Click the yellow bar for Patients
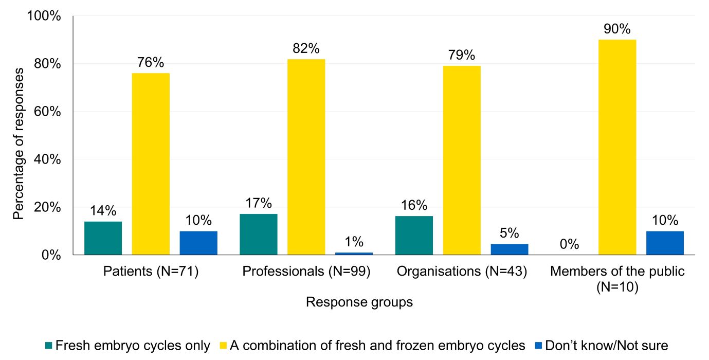[151, 164]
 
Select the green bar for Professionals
[259, 234]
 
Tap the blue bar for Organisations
[510, 249]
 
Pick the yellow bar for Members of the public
[617, 147]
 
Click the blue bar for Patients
[198, 243]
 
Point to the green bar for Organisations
[414, 235]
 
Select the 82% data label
[306, 49]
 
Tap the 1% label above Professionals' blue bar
[354, 242]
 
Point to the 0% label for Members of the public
[570, 244]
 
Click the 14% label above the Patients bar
[103, 211]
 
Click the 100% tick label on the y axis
[44, 16]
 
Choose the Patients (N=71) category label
[151, 272]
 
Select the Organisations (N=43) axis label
[462, 272]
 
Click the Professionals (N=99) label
[306, 272]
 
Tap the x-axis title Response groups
[359, 302]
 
